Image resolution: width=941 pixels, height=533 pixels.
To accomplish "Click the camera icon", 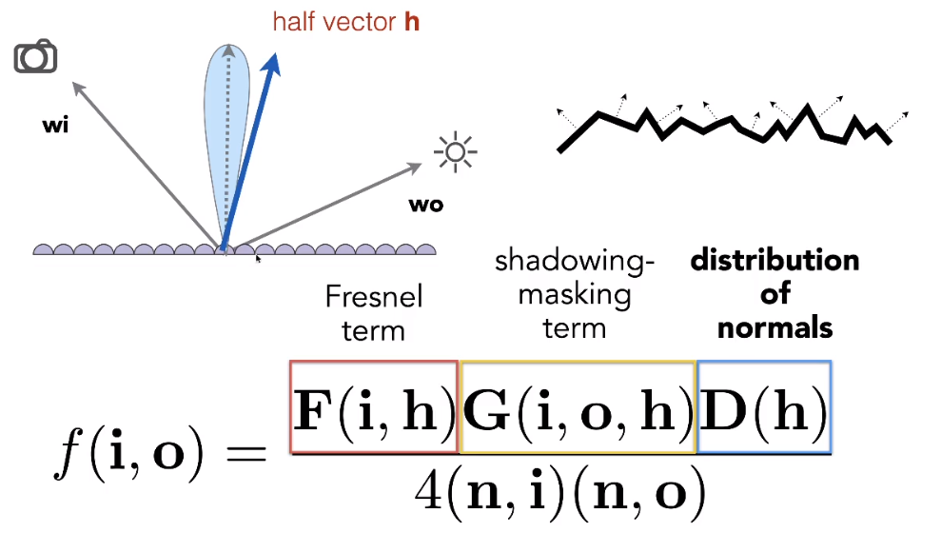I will point(35,57).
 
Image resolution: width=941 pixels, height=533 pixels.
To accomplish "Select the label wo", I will point(425,205).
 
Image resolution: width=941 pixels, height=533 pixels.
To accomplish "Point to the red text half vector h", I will point(345,21).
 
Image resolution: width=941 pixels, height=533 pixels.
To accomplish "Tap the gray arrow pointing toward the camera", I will point(143,162).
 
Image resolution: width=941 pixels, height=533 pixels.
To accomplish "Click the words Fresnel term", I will point(373,313).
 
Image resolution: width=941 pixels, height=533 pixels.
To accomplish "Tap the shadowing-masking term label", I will point(575,295).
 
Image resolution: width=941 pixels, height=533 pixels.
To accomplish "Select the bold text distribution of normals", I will point(774,294).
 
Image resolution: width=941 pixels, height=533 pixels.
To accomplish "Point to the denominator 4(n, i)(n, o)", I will point(560,491).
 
